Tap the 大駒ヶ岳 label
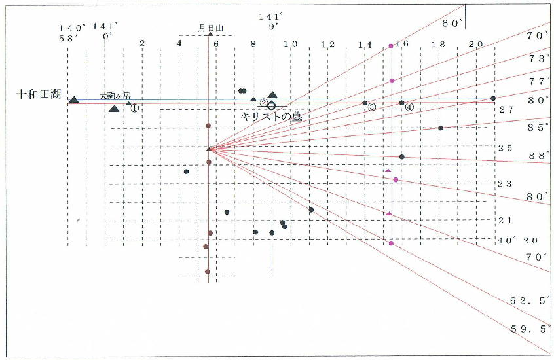(115, 96)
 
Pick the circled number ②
(263, 103)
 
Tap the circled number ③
(371, 107)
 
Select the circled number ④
(409, 107)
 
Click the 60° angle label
(452, 23)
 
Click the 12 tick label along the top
(327, 45)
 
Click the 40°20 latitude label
(517, 240)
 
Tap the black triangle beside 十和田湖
(74, 99)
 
